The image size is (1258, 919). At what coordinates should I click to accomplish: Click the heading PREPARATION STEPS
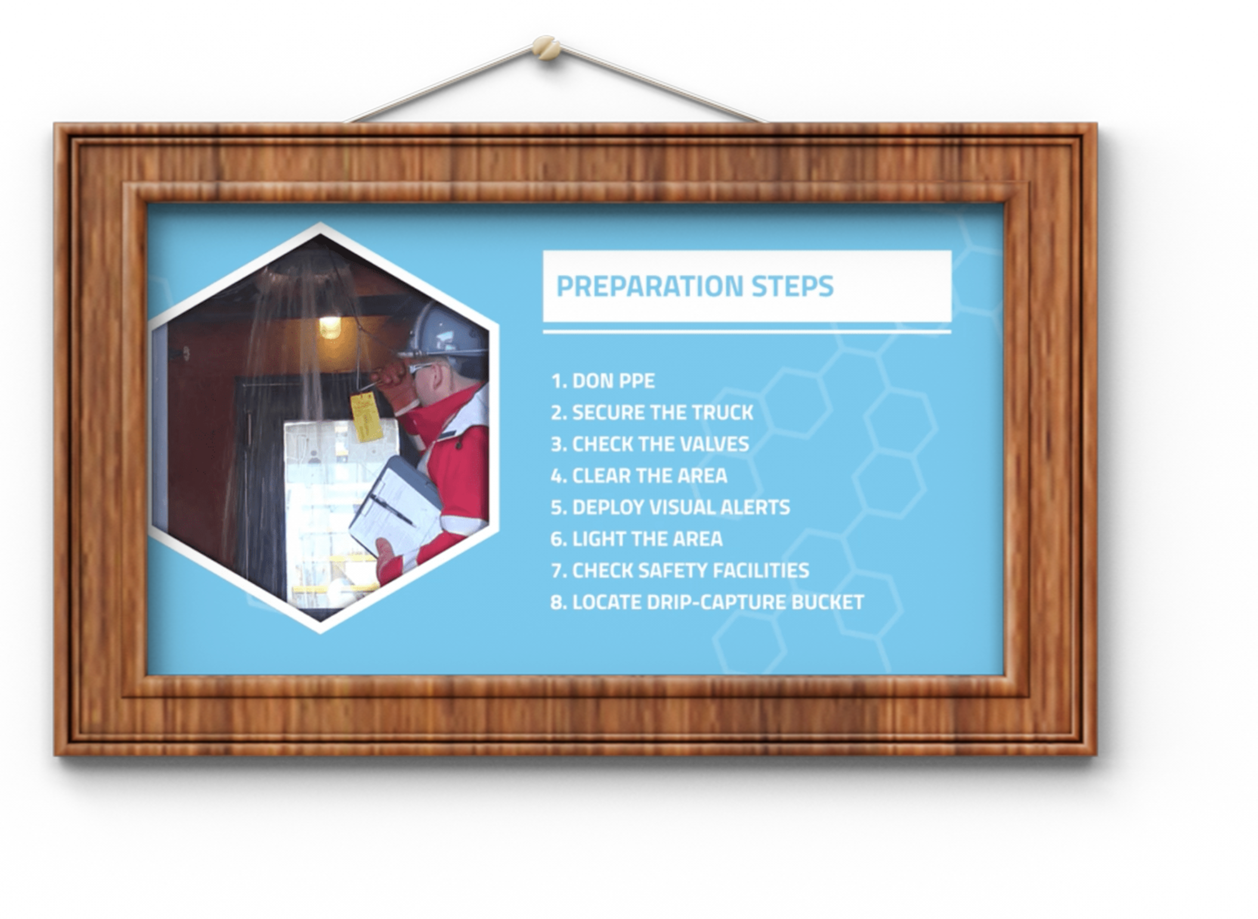pos(695,286)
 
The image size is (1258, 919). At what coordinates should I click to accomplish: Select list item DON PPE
pos(603,381)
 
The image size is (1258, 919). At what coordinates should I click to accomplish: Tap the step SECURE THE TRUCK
pos(652,413)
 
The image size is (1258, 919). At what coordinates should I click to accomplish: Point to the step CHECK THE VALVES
pos(650,444)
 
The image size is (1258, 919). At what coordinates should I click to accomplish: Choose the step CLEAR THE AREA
pos(639,476)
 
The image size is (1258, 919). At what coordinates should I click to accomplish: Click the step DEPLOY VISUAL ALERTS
pos(670,507)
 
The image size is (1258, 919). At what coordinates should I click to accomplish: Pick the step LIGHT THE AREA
pos(637,539)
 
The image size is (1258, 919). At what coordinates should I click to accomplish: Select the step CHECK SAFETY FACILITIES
pos(680,571)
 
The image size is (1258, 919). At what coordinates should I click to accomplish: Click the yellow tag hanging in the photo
pos(366,417)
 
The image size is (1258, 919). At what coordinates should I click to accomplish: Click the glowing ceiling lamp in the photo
pos(330,326)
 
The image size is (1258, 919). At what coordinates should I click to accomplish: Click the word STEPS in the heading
pos(793,286)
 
